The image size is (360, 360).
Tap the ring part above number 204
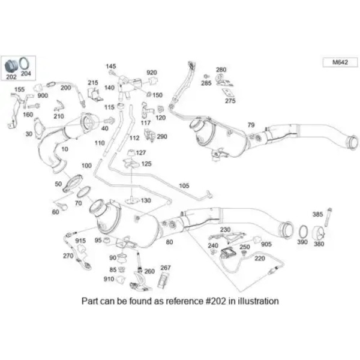[25, 63]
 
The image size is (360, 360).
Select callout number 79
[251, 125]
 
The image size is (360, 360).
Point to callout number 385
[318, 214]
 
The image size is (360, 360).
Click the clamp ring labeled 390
[304, 231]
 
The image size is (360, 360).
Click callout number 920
[151, 73]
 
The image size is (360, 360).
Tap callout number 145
[111, 65]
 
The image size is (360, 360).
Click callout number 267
[166, 268]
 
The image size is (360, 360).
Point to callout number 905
[266, 244]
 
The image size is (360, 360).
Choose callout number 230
[225, 229]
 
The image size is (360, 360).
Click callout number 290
[162, 137]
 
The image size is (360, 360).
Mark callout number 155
[19, 90]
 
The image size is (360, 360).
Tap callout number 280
[221, 70]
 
